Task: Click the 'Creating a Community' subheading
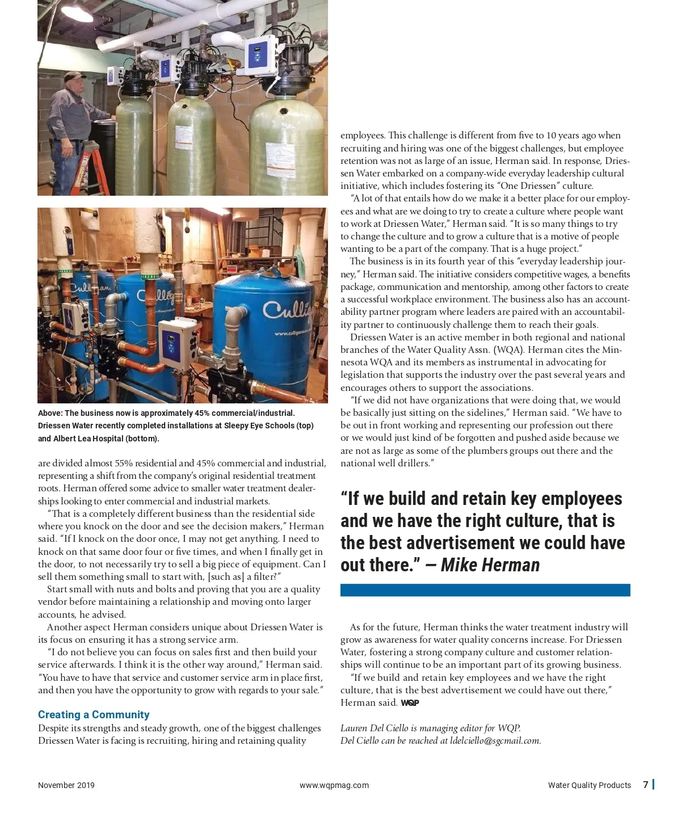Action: point(94,714)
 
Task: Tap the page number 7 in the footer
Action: point(646,785)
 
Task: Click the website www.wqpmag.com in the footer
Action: point(334,785)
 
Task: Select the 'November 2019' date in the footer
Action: point(66,785)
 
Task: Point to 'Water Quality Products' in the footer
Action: point(589,785)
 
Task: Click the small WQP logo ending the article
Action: point(410,703)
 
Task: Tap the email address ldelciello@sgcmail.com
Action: point(495,740)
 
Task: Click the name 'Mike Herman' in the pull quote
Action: point(490,565)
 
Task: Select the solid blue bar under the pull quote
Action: point(485,590)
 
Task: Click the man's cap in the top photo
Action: point(74,76)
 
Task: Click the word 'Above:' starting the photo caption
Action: point(51,413)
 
